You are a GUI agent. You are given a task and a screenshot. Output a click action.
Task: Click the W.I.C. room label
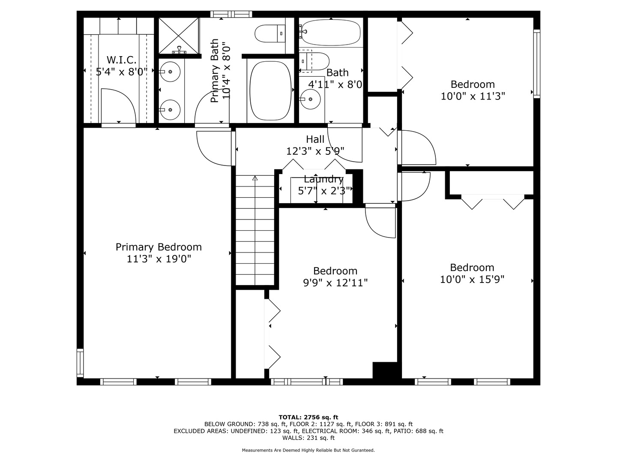(x=121, y=60)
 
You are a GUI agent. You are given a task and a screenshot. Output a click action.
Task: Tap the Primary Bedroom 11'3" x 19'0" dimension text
(x=159, y=259)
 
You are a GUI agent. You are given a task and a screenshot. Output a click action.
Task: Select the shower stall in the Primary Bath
(x=179, y=36)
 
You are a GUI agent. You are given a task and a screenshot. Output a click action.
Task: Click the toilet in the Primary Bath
(x=270, y=33)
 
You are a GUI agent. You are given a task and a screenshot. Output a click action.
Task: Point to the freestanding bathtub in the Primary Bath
(x=270, y=90)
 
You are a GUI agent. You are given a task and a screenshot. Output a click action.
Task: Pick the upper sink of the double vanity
(x=170, y=72)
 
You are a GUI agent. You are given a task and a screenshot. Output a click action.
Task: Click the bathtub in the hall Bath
(x=330, y=33)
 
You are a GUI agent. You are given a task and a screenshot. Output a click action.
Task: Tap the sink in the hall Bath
(x=310, y=99)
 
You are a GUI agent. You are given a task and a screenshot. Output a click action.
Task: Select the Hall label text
(x=315, y=139)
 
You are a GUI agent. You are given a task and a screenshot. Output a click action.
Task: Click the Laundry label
(x=323, y=179)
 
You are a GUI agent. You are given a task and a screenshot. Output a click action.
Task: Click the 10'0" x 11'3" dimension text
(x=473, y=96)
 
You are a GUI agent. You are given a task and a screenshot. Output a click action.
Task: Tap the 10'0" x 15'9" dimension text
(x=472, y=280)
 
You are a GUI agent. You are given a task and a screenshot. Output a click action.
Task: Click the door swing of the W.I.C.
(x=119, y=106)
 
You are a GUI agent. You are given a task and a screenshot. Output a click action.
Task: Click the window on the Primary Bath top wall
(x=231, y=14)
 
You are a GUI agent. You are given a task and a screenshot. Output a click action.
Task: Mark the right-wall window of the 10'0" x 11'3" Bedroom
(x=537, y=63)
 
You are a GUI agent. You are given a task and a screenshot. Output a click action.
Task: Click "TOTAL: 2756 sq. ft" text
(x=308, y=417)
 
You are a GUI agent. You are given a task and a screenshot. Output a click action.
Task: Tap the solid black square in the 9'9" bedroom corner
(x=385, y=370)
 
